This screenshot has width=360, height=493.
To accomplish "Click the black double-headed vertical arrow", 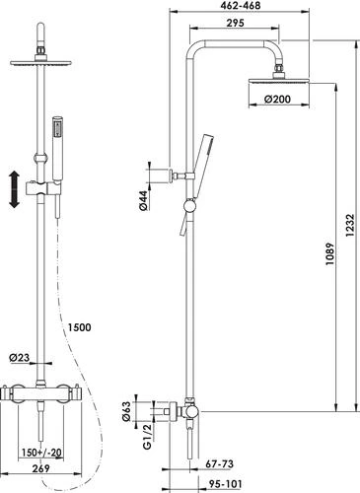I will pyautogui.click(x=13, y=189).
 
